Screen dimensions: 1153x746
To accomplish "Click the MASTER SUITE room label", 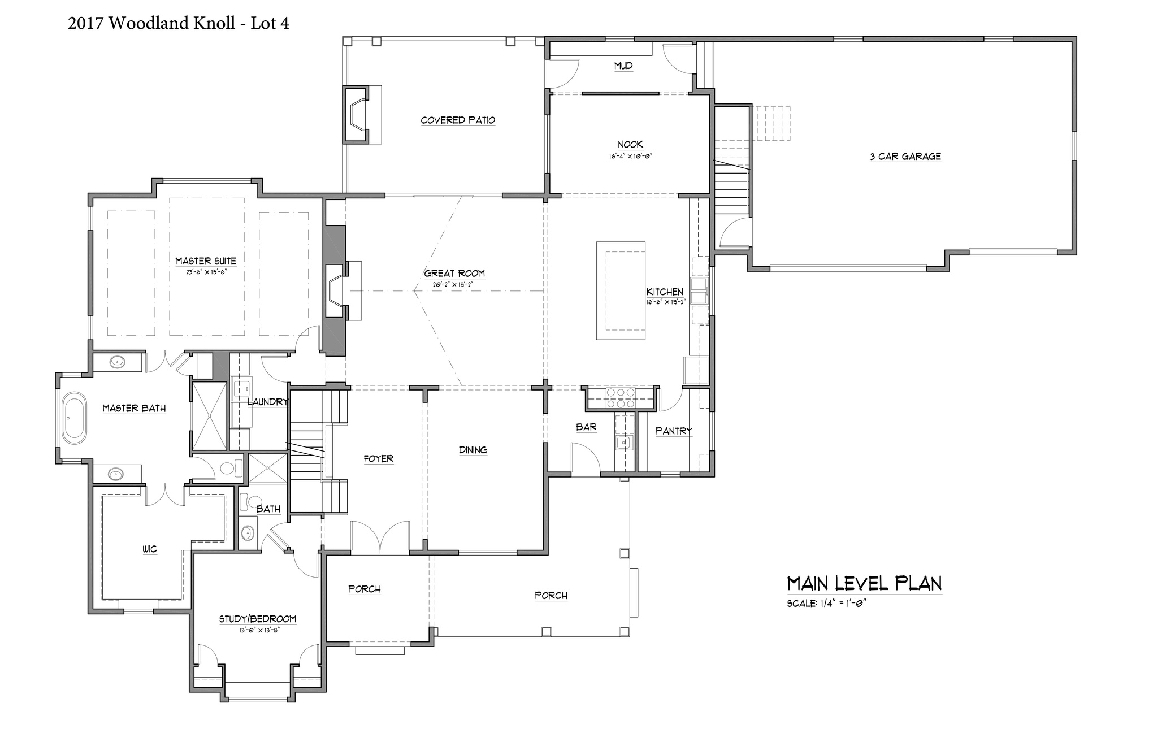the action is click(205, 261).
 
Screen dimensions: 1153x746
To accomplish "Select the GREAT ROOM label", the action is click(454, 274).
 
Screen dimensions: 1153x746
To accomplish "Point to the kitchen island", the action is click(621, 290).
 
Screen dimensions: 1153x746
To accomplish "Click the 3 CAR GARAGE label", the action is click(905, 157).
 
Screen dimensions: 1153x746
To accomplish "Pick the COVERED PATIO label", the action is click(458, 120).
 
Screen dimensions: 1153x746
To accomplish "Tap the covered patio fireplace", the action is click(356, 114).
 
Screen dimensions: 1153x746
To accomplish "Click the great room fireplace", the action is click(338, 290).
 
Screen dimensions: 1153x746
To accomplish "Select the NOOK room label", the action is click(630, 145).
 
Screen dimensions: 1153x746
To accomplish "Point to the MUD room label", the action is click(623, 66).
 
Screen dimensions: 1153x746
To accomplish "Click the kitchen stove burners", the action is click(621, 398).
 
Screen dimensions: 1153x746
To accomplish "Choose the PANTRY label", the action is click(674, 431).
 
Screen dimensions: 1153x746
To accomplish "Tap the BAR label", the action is click(586, 427).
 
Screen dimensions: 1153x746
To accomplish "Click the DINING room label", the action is click(473, 450).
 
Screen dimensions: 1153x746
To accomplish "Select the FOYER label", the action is click(378, 459).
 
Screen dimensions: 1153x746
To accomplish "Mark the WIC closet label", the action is click(150, 549).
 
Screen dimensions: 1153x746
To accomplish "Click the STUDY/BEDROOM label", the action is click(258, 619).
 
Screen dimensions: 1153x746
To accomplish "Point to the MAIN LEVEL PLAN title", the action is click(864, 583).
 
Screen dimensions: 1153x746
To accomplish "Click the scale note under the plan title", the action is click(826, 604).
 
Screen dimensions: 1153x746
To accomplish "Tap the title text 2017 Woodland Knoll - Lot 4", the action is click(179, 24).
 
